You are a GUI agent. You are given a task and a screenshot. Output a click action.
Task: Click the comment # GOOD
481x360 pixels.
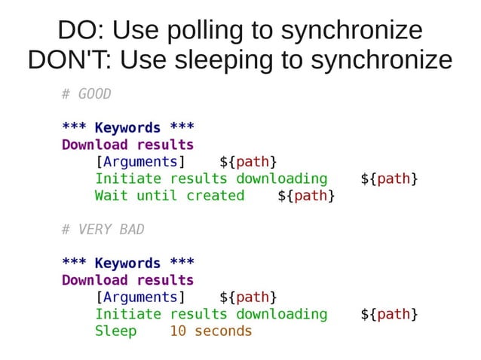click(x=86, y=94)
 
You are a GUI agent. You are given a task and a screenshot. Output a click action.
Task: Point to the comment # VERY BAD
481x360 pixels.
click(x=103, y=229)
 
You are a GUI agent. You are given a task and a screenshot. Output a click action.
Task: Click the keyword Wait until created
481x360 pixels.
click(x=170, y=196)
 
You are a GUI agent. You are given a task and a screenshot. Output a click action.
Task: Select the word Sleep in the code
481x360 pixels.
click(x=115, y=331)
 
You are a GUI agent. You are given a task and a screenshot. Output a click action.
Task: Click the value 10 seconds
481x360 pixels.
click(x=210, y=331)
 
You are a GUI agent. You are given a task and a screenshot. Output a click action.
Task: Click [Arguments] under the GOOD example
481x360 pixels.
click(x=140, y=162)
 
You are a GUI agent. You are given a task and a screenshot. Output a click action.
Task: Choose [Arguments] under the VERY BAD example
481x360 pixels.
click(x=140, y=297)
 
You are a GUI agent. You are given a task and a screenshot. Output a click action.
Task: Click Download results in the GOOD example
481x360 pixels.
click(x=127, y=145)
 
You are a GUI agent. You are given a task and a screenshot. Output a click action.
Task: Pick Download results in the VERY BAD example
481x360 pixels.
click(x=127, y=280)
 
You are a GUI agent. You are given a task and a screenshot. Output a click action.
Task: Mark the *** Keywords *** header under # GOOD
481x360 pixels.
click(x=127, y=128)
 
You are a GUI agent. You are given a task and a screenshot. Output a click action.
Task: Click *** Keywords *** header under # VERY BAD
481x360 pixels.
click(x=127, y=263)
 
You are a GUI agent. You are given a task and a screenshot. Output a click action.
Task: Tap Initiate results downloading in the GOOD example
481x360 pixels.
click(x=211, y=179)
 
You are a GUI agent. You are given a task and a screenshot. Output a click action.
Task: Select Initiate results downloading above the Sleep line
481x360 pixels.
click(x=211, y=314)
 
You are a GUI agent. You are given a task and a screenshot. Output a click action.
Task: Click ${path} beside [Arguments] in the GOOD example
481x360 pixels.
click(x=248, y=162)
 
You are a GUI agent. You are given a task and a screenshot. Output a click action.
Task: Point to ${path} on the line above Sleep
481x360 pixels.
click(x=389, y=314)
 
